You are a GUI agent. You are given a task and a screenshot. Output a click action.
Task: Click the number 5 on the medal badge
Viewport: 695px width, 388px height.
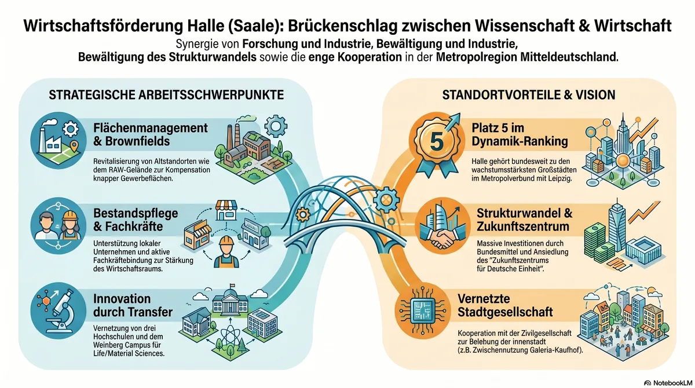point(437,141)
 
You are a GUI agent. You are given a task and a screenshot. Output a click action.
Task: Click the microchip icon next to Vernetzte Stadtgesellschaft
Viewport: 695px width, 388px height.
point(423,310)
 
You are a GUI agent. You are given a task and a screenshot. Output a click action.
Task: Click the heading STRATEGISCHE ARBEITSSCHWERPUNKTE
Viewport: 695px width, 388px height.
point(166,95)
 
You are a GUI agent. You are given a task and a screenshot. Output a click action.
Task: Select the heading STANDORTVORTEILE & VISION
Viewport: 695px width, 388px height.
point(528,95)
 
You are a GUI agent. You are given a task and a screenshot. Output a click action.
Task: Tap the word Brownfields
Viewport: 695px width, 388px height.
point(137,141)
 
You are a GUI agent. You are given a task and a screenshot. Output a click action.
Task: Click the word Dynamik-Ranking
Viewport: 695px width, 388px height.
point(520,141)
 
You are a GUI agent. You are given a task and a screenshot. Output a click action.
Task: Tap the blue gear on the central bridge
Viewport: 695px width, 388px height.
point(386,199)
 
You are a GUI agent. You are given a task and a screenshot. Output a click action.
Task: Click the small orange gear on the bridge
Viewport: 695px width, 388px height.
point(303,215)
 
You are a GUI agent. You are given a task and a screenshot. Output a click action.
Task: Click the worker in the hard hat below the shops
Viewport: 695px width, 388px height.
point(226,252)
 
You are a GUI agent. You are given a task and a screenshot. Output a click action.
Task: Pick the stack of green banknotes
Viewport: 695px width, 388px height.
point(595,243)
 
